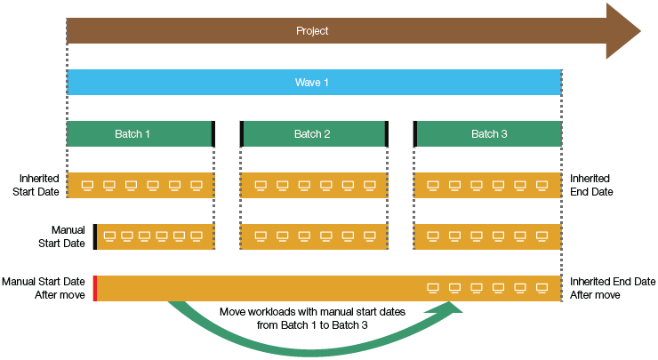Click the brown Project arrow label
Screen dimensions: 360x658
point(312,31)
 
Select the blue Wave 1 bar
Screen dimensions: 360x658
point(312,83)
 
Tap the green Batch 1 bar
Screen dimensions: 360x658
point(132,134)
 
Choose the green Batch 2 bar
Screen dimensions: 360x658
point(312,134)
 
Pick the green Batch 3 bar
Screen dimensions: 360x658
point(489,134)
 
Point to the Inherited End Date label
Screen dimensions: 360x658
point(590,185)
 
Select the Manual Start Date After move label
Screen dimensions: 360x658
point(44,288)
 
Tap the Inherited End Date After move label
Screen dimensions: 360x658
point(613,288)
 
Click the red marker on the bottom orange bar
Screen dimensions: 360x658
point(94,288)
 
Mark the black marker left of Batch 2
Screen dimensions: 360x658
point(242,134)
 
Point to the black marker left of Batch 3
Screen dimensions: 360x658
point(415,134)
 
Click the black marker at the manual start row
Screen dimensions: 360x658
point(94,236)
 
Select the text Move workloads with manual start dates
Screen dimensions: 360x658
point(312,313)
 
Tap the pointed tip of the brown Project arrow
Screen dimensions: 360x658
point(638,30)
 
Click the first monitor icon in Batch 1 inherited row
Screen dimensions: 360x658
point(87,186)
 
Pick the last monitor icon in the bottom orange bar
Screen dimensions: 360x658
point(542,288)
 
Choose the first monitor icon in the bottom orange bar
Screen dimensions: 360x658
point(434,288)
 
